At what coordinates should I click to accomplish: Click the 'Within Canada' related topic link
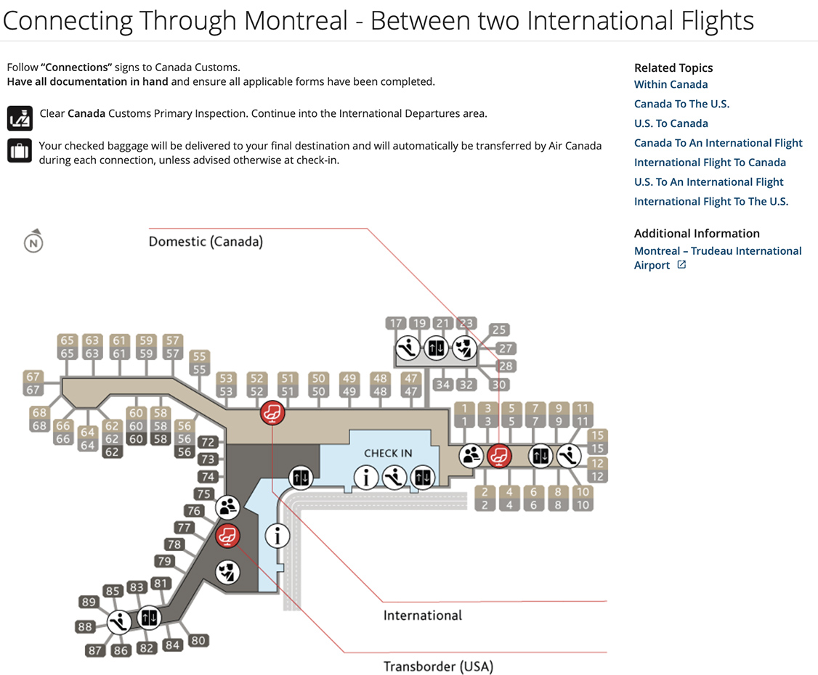[x=671, y=84]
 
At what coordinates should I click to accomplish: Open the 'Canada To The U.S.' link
[x=681, y=104]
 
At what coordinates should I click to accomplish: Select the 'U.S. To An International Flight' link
[x=708, y=182]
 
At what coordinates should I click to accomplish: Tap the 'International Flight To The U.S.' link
[x=711, y=201]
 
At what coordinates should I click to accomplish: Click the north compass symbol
[x=33, y=242]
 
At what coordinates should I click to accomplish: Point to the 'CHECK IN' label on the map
[x=388, y=454]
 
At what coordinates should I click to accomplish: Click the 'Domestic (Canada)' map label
[x=206, y=242]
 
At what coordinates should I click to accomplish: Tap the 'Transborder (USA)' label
[x=438, y=666]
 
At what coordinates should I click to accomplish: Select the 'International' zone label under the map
[x=423, y=615]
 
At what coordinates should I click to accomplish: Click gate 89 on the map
[x=89, y=602]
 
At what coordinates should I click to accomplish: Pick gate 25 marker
[x=499, y=330]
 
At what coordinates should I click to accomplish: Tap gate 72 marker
[x=208, y=442]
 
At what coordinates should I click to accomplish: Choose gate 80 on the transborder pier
[x=198, y=641]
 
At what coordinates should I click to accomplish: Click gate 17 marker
[x=396, y=323]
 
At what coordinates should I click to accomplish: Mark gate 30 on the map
[x=499, y=385]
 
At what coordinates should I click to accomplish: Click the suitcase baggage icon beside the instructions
[x=20, y=151]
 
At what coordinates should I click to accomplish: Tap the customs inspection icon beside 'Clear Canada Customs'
[x=20, y=118]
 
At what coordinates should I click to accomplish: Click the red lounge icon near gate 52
[x=272, y=413]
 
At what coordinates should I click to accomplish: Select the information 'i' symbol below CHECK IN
[x=366, y=477]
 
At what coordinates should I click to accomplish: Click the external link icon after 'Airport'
[x=681, y=264]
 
